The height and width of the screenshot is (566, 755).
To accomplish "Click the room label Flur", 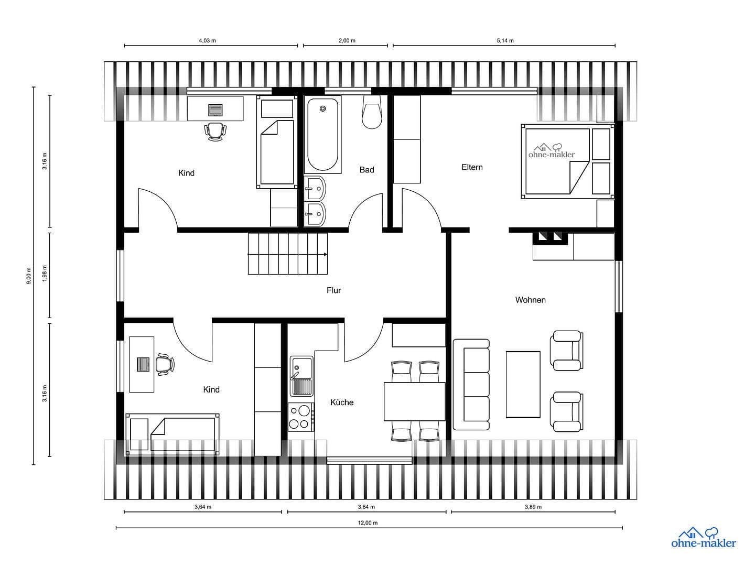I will coord(333,290).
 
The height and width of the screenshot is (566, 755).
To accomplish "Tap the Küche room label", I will coord(342,402).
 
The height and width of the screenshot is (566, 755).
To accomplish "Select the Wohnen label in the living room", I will coord(530,300).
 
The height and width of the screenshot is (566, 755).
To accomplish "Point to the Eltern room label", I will coord(472,167).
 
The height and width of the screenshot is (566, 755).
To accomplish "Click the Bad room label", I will coord(366,170).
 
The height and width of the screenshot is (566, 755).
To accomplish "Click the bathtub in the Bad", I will coord(322,134).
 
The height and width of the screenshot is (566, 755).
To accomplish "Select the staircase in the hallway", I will coord(288,254).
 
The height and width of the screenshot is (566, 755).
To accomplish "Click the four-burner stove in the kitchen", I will coord(300,417).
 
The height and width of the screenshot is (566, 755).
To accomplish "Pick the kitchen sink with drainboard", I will coord(301,376).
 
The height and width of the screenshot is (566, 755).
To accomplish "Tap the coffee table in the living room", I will coord(523,384).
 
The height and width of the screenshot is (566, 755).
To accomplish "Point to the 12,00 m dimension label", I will coord(368,523).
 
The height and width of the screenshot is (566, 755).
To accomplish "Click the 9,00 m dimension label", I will coord(29,276).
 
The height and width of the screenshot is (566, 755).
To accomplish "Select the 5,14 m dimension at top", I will coord(505,40).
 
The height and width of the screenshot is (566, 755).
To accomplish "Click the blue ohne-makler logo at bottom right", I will coord(703,538).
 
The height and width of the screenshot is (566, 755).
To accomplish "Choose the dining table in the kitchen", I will coord(414,401).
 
